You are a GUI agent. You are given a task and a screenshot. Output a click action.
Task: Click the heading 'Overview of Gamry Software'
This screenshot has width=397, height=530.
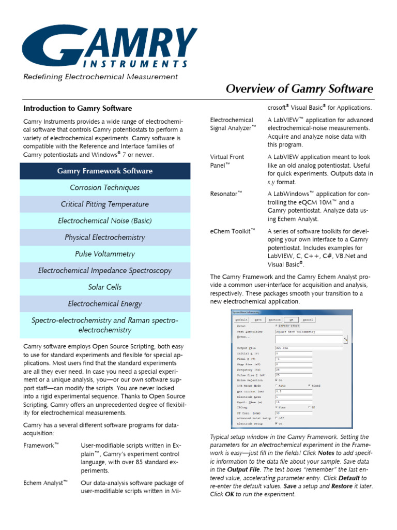[x=299, y=89]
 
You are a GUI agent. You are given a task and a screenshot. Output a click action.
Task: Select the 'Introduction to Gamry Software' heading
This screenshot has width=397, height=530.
[x=78, y=108]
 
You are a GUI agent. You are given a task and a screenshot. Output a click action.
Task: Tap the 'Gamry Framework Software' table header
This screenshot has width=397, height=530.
[x=105, y=171]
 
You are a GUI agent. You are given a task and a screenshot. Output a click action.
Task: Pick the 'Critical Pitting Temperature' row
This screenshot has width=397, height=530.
[x=105, y=204]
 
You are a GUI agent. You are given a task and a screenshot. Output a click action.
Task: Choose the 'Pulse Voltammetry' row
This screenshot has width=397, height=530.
[x=105, y=254]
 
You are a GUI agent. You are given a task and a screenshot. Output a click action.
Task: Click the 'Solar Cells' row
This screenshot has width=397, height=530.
[x=105, y=287]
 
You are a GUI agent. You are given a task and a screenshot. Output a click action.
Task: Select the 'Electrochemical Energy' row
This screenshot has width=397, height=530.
[x=105, y=304]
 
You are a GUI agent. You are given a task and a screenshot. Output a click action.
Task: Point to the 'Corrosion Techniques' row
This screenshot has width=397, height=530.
[x=105, y=187]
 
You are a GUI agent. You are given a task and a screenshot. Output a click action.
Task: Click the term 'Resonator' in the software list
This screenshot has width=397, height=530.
[x=226, y=194]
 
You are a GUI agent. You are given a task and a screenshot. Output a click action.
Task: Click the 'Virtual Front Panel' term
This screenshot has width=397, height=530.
[x=227, y=160]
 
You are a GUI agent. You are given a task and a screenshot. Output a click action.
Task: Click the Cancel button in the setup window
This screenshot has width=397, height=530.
[x=308, y=320]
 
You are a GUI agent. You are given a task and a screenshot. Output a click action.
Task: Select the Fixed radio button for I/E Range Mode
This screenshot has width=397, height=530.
[x=309, y=386]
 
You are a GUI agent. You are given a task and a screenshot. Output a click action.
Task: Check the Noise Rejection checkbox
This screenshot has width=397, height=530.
[x=277, y=380]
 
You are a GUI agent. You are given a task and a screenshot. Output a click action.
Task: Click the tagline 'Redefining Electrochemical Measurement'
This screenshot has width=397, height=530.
[x=100, y=77]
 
